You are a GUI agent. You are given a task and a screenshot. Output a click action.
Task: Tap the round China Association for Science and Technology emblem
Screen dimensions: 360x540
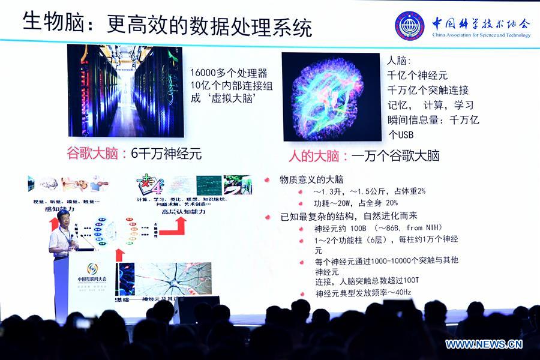pyautogui.click(x=409, y=26)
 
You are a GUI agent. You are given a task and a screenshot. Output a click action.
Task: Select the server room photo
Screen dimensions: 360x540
pyautogui.click(x=125, y=90)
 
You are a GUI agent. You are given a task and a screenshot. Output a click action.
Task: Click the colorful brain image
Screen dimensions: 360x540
pyautogui.click(x=331, y=97)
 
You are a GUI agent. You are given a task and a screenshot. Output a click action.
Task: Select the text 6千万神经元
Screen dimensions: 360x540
pyautogui.click(x=166, y=153)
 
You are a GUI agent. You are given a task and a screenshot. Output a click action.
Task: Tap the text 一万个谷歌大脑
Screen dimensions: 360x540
pyautogui.click(x=395, y=156)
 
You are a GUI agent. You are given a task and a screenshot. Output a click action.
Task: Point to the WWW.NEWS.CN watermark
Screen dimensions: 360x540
pyautogui.click(x=484, y=344)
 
